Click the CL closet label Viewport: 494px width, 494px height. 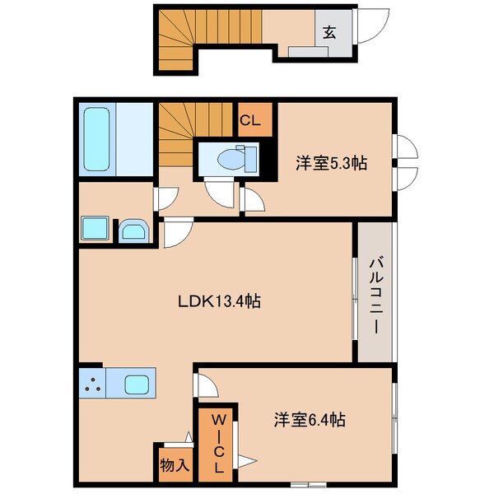pyautogui.click(x=250, y=120)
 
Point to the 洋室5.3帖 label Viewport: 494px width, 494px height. pyautogui.click(x=331, y=163)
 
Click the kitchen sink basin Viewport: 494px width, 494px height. pyautogui.click(x=137, y=384)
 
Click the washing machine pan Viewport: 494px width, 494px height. pyautogui.click(x=95, y=229)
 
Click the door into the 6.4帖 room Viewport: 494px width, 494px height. pyautogui.click(x=205, y=384)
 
